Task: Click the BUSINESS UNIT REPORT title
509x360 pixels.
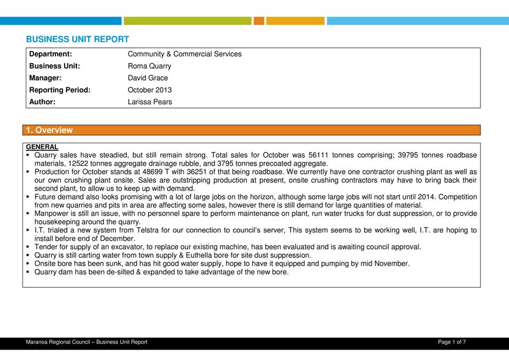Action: coord(77,40)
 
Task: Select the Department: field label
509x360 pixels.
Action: coord(50,54)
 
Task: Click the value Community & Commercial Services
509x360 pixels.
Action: coord(184,54)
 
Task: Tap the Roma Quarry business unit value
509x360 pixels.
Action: coord(149,66)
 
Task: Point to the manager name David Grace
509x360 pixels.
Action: coord(148,78)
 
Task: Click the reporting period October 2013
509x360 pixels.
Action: coord(149,90)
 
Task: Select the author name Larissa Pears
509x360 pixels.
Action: coord(150,102)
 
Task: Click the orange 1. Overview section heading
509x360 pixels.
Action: coord(49,130)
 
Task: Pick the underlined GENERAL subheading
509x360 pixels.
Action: coord(42,147)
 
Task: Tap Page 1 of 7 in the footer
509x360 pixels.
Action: coord(452,342)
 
